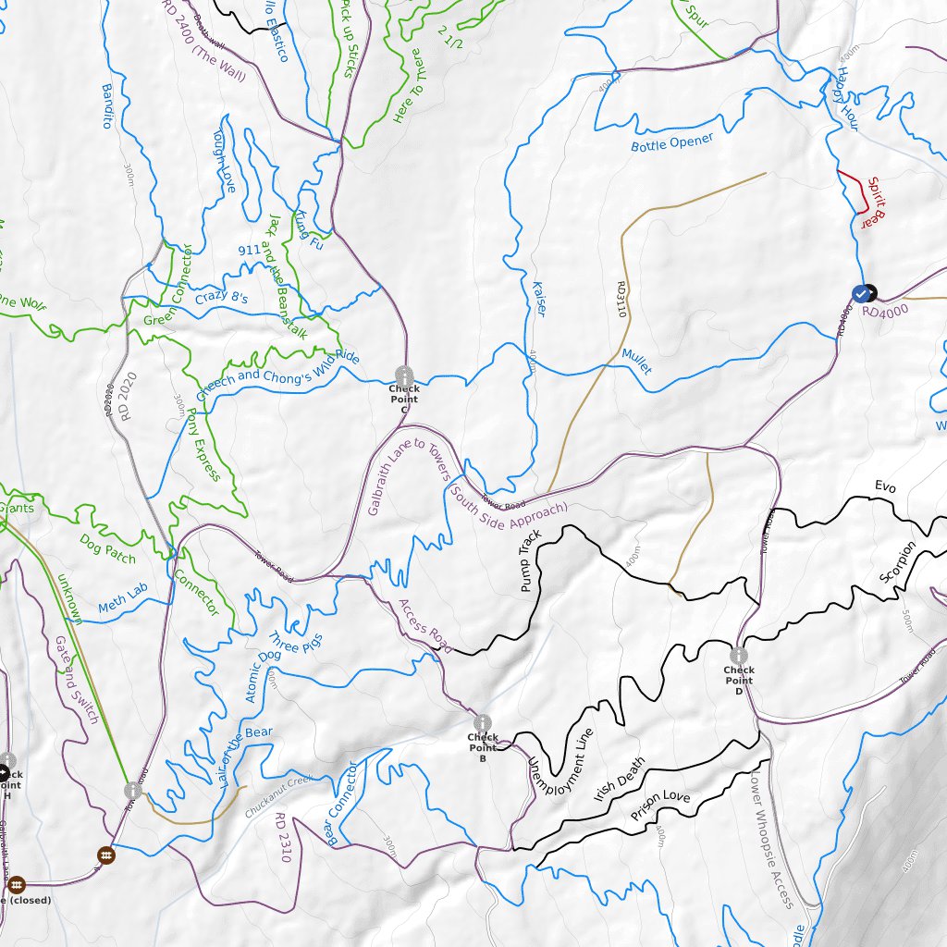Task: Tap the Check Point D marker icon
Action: [738, 656]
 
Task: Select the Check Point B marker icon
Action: [481, 722]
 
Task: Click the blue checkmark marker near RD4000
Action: [862, 293]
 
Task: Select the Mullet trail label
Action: [636, 362]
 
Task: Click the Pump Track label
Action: [530, 561]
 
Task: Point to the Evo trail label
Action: [886, 486]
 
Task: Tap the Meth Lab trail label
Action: [122, 605]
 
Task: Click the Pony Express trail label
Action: [203, 444]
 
